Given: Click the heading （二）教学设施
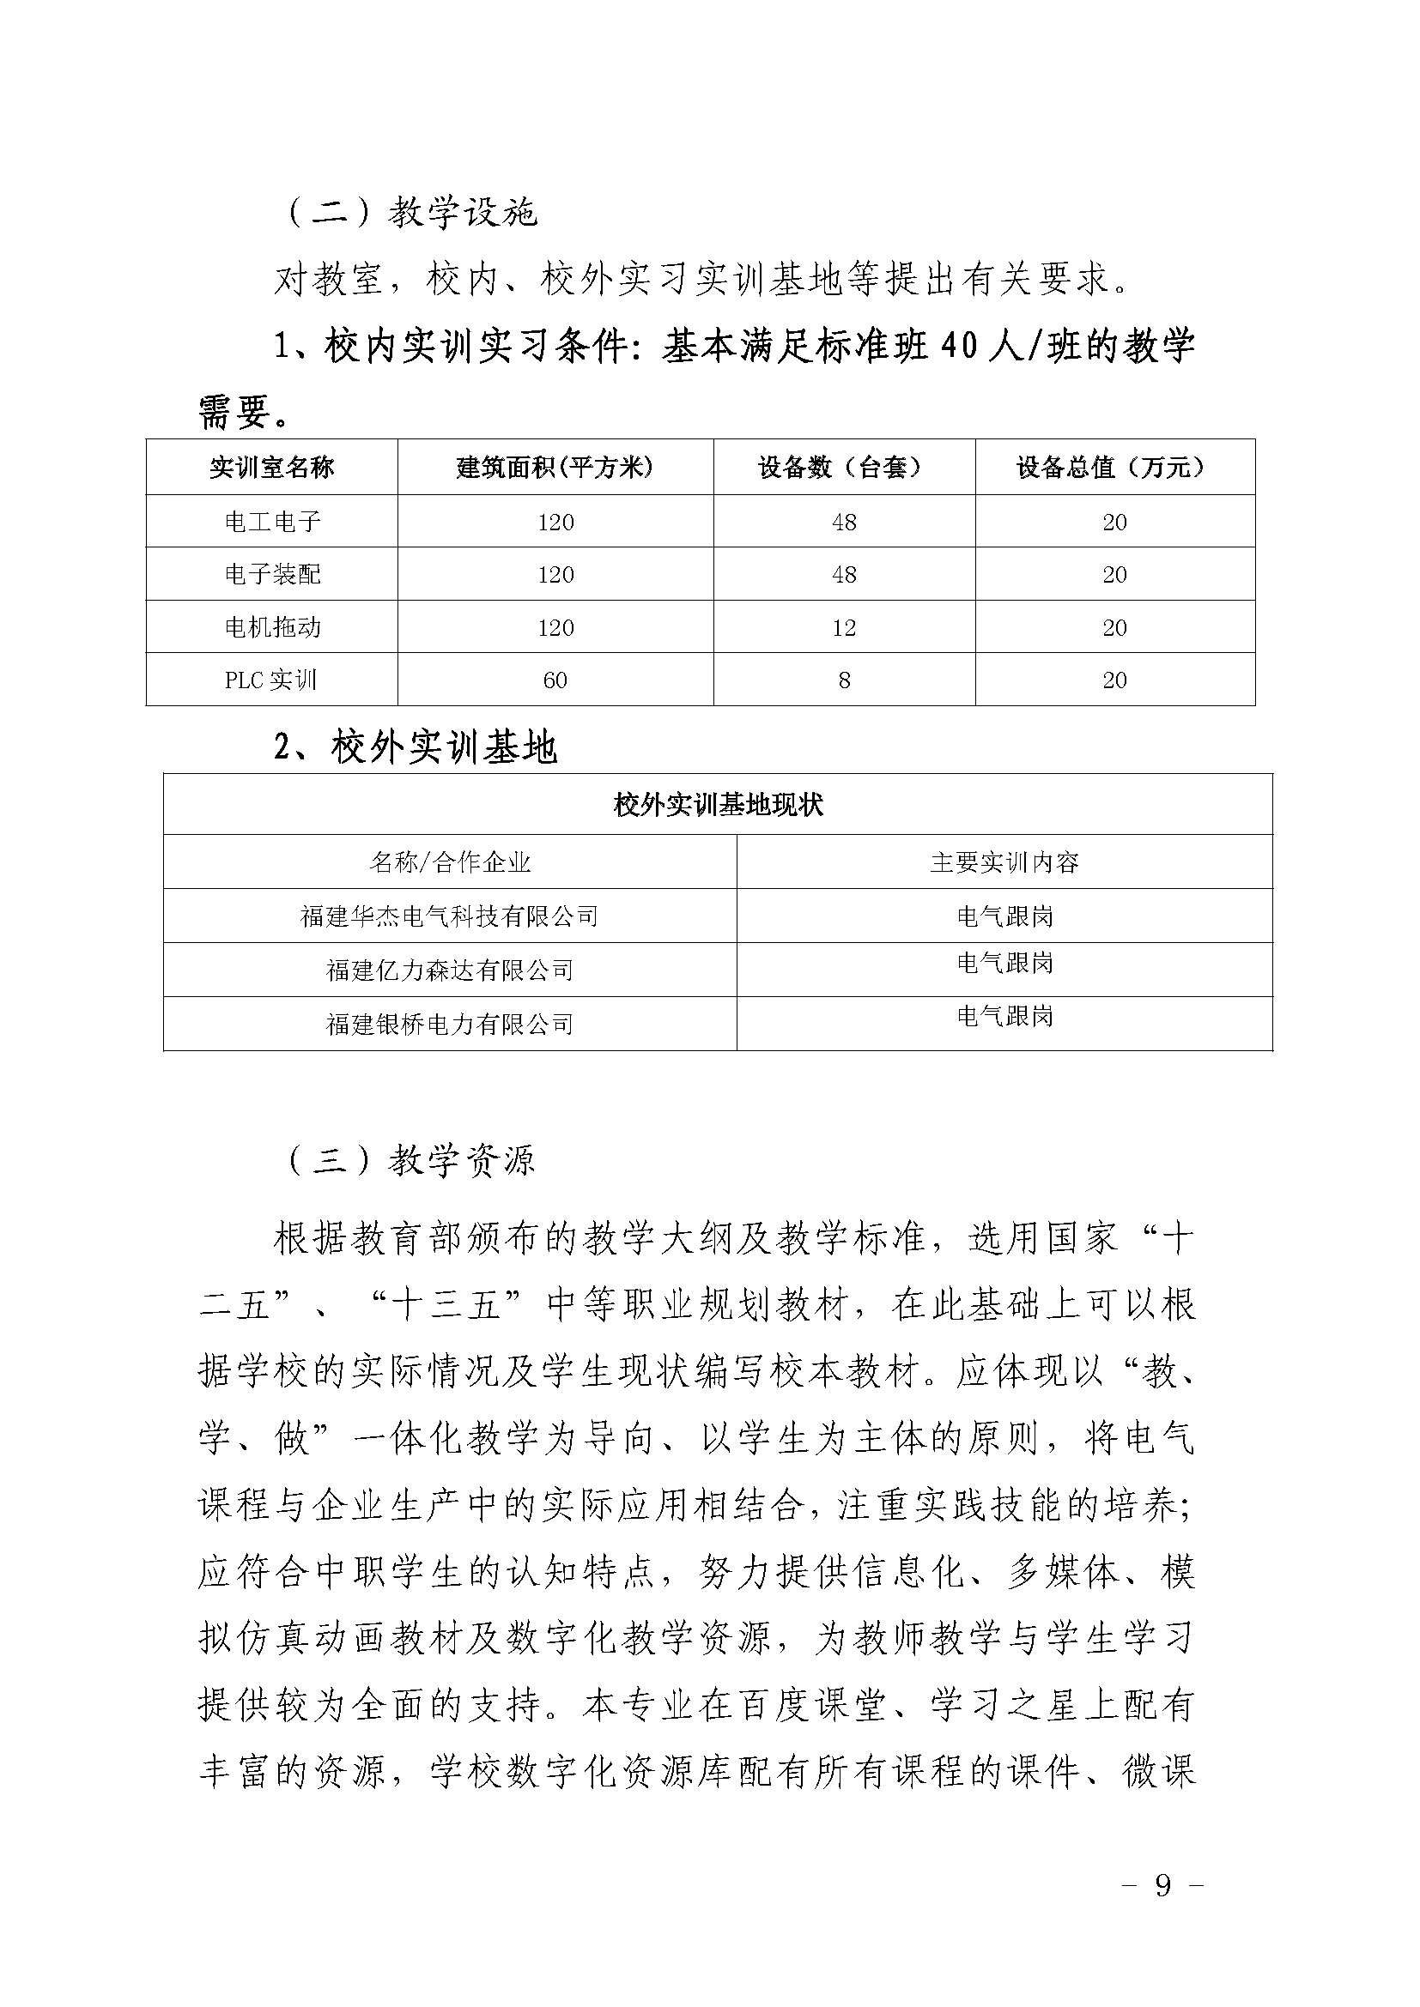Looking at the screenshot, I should pos(411,213).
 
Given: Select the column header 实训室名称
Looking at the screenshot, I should pos(271,468).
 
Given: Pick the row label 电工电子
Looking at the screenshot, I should pos(272,523).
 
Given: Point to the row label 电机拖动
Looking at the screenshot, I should pos(272,627).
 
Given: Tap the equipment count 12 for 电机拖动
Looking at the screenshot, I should pos(843,627).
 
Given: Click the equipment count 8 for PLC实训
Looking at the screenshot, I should pos(844,680).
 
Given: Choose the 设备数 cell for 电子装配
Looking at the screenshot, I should pos(843,575).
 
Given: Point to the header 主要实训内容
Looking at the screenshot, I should pos(1004,862).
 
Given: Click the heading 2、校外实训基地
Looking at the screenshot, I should pos(416,748).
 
